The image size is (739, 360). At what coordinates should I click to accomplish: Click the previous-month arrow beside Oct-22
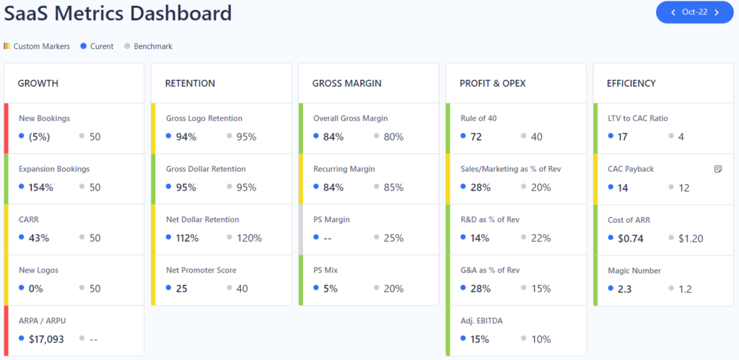pos(673,12)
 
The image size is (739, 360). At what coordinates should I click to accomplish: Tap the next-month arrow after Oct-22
pos(717,12)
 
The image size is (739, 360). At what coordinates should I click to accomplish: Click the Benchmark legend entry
pos(152,46)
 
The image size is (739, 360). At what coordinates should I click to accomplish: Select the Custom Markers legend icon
pos(6,46)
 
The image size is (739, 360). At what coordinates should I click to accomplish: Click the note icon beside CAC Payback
pos(717,169)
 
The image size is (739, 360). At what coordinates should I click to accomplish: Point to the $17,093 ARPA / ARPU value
pos(46,339)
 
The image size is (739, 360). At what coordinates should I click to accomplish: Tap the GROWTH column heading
pos(38,84)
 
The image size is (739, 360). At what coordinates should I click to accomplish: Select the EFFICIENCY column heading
pos(631,84)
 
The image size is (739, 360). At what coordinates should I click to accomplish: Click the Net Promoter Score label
pos(202,271)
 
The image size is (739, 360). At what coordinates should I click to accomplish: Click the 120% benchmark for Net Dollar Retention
pos(249,238)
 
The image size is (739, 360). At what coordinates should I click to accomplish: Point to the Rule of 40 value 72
pos(476,137)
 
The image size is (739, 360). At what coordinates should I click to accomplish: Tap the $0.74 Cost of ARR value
pos(630,238)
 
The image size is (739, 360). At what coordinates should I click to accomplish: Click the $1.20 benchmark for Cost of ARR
pos(691,238)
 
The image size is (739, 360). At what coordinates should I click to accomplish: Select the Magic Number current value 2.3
pos(624,289)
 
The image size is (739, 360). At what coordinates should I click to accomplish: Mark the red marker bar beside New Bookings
pos(6,128)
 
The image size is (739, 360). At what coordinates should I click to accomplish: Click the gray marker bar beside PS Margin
pos(300,229)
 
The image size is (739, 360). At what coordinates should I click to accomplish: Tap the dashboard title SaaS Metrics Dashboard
pos(118,13)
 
